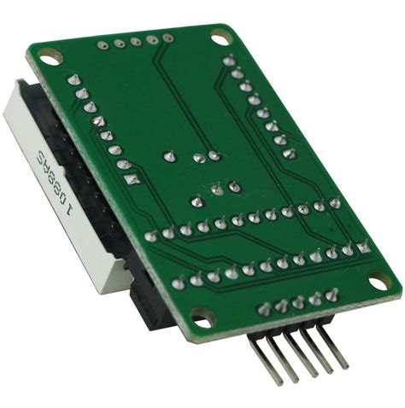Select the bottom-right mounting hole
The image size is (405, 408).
coord(378,279)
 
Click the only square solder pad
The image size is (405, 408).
coord(131,180)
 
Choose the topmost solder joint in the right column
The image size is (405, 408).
coord(228,60)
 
